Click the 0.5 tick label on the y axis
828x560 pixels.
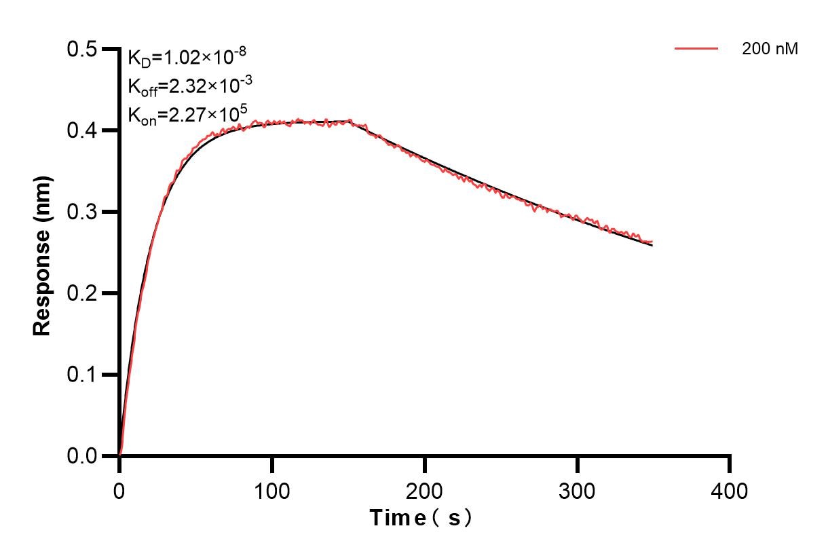(81, 49)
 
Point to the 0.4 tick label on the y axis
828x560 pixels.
(81, 130)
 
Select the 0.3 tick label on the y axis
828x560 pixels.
(81, 212)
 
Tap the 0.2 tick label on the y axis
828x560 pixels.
(81, 293)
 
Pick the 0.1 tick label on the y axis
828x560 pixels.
(81, 375)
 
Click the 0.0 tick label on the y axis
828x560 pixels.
(81, 456)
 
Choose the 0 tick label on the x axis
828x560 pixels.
(119, 490)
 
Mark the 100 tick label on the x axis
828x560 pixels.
(271, 490)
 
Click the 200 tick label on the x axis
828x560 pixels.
(424, 490)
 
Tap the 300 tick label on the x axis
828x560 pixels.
(577, 490)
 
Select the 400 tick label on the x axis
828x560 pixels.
(730, 490)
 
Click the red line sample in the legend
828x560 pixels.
(696, 49)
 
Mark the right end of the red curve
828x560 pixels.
(652, 242)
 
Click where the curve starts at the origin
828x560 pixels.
(120, 455)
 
